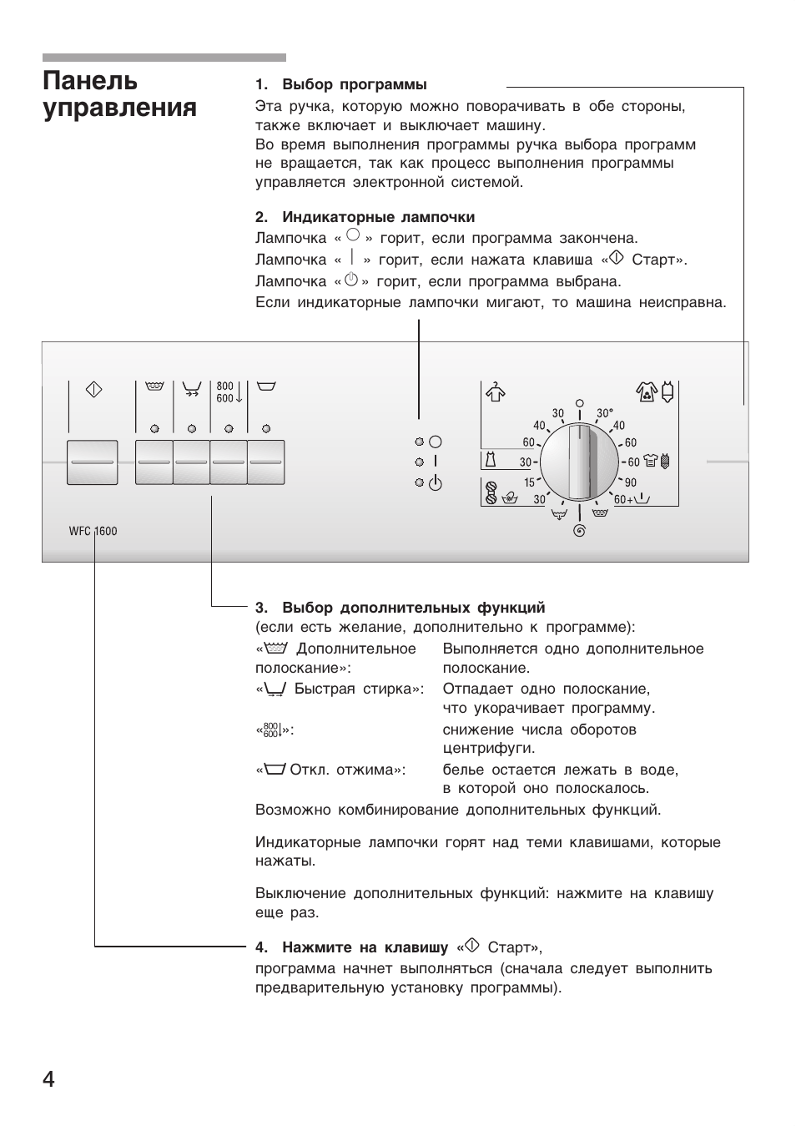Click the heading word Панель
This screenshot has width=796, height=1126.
(x=90, y=81)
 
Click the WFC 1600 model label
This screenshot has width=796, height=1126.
(x=93, y=531)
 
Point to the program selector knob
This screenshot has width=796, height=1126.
(x=580, y=462)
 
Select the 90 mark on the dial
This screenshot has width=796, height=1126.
(x=630, y=482)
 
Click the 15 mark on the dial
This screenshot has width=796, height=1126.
(x=529, y=482)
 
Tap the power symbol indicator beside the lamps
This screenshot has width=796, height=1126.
(x=435, y=482)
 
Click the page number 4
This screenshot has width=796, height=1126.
(x=48, y=1079)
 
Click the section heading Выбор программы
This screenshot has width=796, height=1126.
(x=354, y=84)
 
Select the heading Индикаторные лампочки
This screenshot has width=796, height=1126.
(x=378, y=217)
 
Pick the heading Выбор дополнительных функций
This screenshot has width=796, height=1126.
(x=413, y=608)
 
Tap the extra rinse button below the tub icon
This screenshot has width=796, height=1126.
(x=154, y=462)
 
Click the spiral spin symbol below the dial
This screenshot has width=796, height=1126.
(x=579, y=531)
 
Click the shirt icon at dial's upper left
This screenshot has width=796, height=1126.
(x=496, y=391)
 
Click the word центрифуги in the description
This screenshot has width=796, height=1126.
(x=488, y=748)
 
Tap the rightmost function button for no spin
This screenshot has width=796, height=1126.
(x=265, y=462)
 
